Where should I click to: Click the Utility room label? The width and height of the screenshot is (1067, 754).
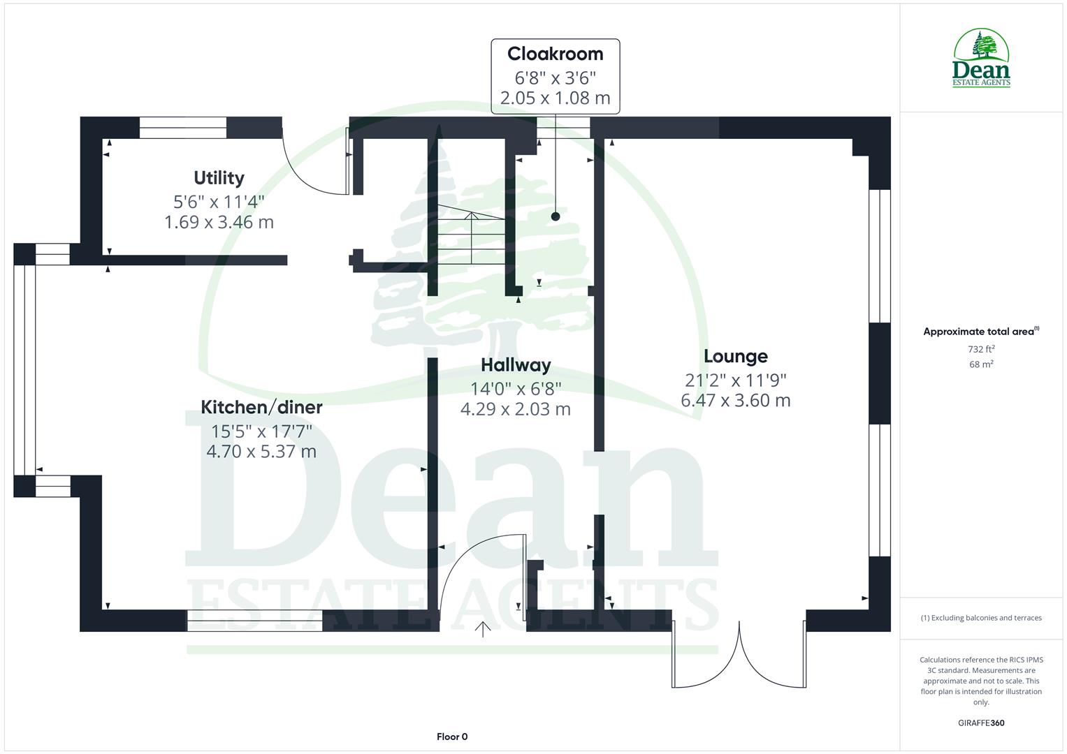click(x=219, y=178)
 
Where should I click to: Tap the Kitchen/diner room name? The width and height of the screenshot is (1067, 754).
click(x=261, y=407)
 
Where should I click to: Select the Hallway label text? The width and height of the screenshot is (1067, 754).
click(x=516, y=365)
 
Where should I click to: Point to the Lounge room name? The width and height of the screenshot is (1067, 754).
click(x=735, y=357)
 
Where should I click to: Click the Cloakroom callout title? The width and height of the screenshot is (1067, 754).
click(x=555, y=54)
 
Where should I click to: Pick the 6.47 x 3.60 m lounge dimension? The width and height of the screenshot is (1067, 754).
click(x=735, y=401)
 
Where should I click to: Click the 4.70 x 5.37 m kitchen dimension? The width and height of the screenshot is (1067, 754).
click(x=261, y=452)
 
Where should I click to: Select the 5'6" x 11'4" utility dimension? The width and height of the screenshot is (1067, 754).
click(x=219, y=202)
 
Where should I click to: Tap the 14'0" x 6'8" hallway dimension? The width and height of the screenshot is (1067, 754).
click(x=516, y=388)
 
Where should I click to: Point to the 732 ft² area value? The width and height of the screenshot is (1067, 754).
click(x=981, y=349)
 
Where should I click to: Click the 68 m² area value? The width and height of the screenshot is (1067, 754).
click(x=981, y=364)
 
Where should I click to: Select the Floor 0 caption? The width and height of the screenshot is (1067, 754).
click(x=452, y=737)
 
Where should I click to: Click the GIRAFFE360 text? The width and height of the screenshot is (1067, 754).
click(x=981, y=723)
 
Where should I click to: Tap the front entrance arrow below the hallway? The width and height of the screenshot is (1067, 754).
click(x=482, y=629)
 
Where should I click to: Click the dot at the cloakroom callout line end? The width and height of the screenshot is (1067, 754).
click(x=556, y=216)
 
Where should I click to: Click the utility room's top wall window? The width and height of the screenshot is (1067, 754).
click(x=183, y=128)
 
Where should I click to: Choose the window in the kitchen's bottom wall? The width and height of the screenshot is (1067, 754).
click(x=254, y=621)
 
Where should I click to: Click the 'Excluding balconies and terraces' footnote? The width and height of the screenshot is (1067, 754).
click(x=981, y=618)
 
